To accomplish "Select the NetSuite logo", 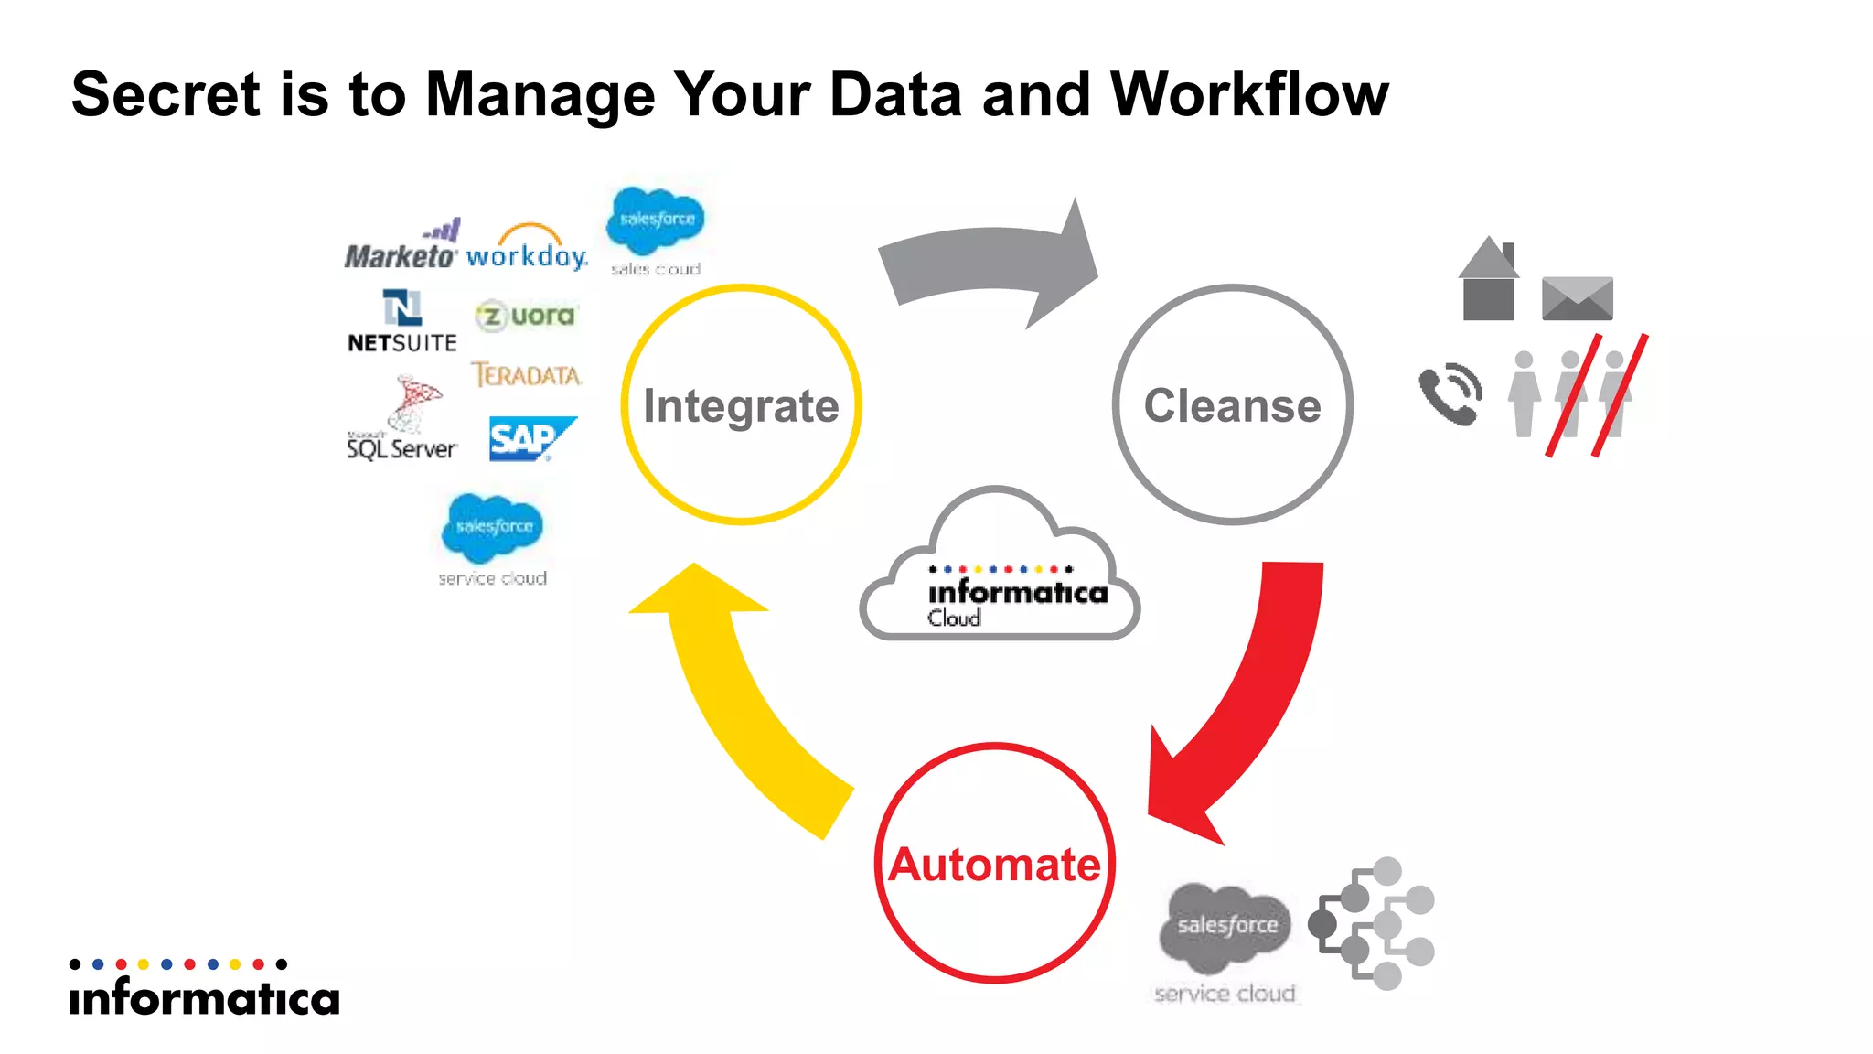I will coord(401,323).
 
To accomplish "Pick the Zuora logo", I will coord(527,316).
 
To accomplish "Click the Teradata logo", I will coord(527,375).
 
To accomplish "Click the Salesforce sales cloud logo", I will coord(656,229).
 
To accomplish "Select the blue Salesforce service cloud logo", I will coord(493,538).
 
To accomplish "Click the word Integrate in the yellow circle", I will coord(741,405).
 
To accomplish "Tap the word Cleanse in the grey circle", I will coord(1232,405).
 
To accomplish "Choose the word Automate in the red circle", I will coord(994,865).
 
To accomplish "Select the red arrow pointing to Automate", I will coord(1253,704).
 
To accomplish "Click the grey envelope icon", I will coord(1577,298).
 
